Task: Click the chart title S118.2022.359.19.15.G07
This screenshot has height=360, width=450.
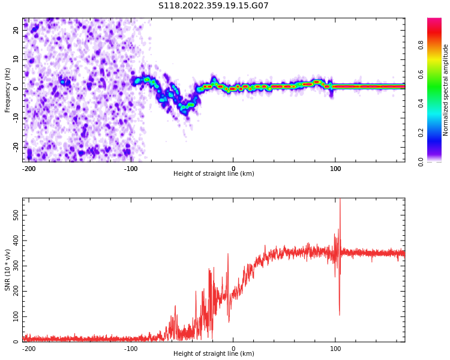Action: point(213,6)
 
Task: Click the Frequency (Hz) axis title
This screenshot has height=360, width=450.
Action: point(8,90)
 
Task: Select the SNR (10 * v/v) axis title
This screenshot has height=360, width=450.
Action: point(8,270)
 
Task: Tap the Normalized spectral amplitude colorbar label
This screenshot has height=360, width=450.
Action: point(446,90)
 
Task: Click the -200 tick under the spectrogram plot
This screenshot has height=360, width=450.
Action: point(28,169)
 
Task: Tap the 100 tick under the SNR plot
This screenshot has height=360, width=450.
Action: point(335,349)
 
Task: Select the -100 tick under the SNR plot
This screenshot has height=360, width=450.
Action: point(131,349)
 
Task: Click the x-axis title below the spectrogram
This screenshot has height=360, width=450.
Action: point(214,174)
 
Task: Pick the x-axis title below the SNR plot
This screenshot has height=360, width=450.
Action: point(214,354)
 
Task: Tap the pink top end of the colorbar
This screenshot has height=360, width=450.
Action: point(434,22)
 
